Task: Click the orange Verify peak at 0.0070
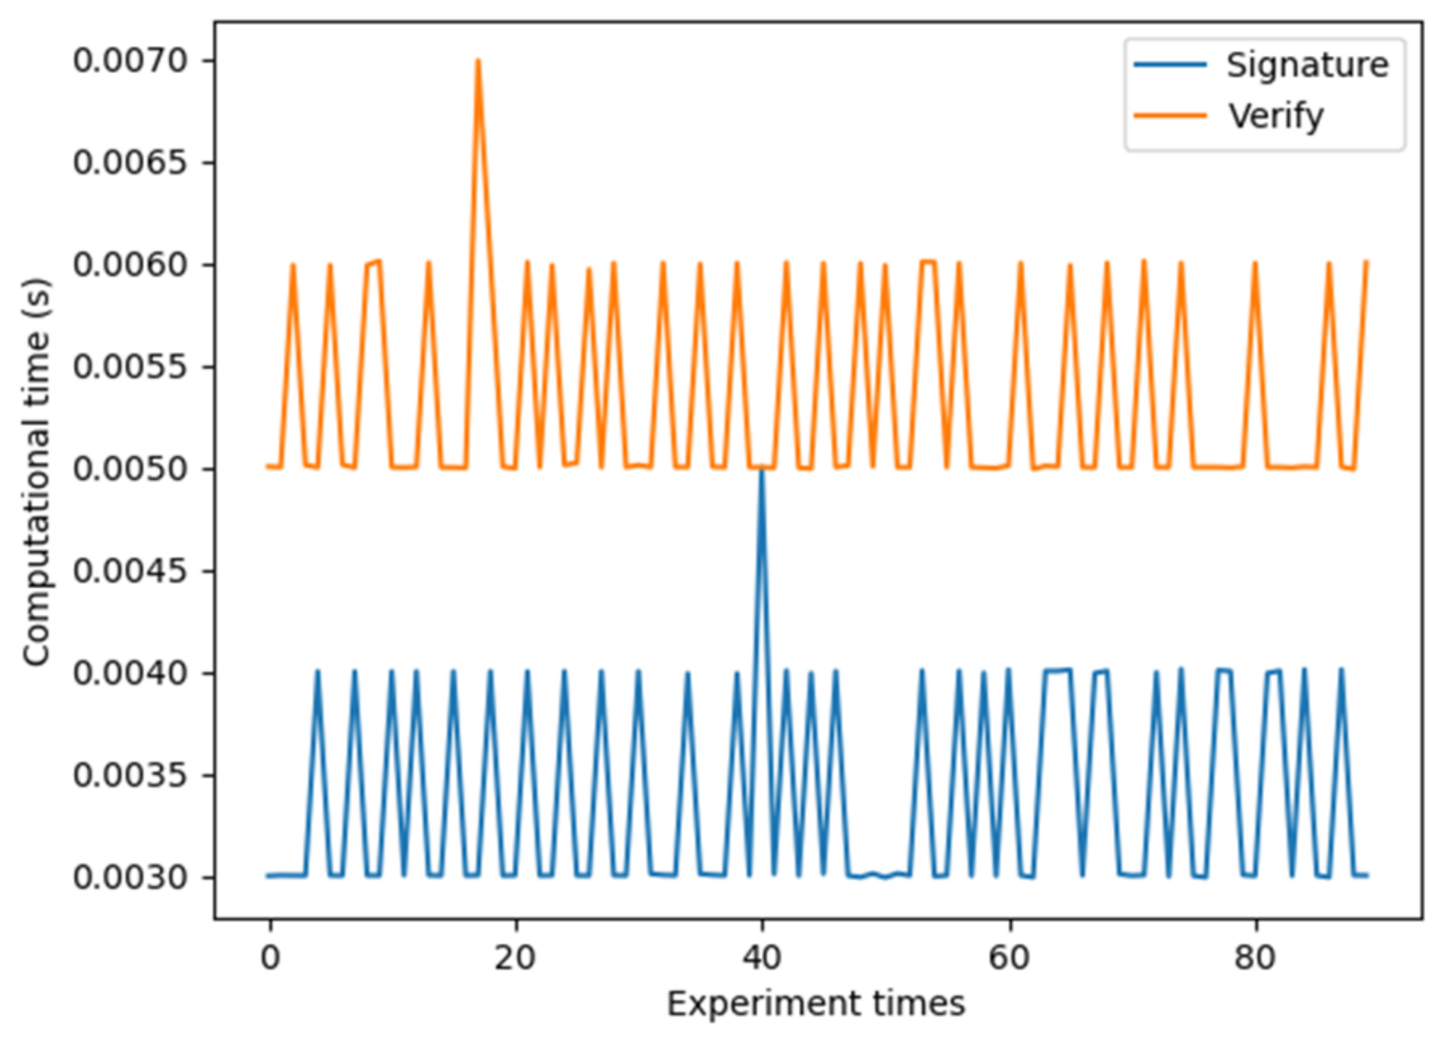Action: (478, 61)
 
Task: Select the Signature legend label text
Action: (1307, 65)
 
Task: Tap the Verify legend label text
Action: (1276, 116)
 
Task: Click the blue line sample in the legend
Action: (1170, 65)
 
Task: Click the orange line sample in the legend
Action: (1170, 116)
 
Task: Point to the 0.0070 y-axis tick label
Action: (131, 61)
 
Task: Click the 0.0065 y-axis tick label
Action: (131, 163)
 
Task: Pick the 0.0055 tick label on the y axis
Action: (131, 367)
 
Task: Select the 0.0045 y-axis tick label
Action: (131, 571)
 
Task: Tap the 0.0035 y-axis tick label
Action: (131, 776)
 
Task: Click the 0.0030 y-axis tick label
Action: (131, 877)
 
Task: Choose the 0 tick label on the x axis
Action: (270, 958)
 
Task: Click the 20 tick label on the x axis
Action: (516, 958)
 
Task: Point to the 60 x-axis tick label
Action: (1009, 958)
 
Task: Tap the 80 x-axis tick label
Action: (1255, 958)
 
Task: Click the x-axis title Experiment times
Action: (815, 1004)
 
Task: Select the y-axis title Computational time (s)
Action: (36, 472)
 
